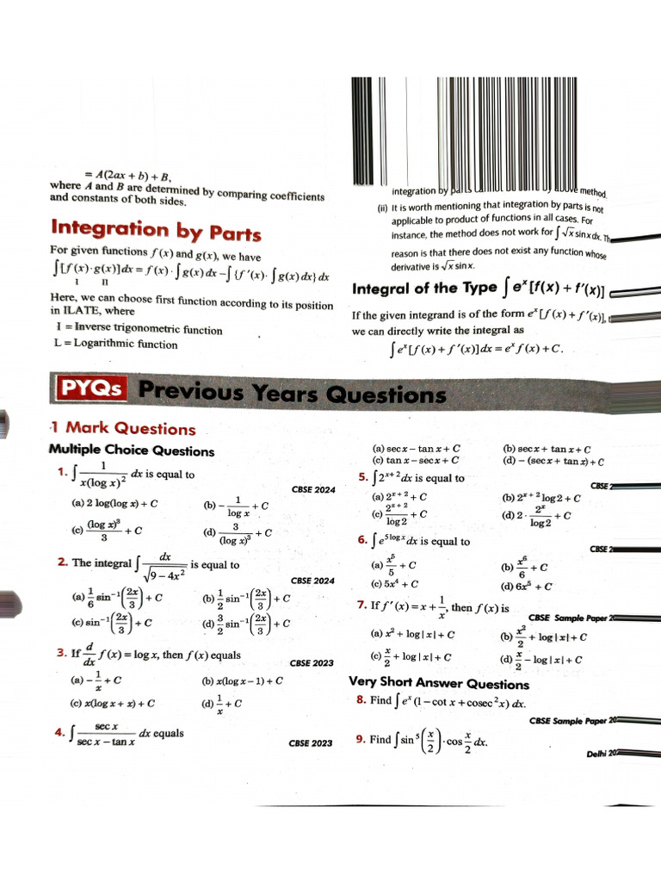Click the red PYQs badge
coord(89,388)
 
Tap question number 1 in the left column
coord(61,471)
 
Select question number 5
coord(362,478)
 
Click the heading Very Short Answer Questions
coord(438,684)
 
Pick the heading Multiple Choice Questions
coord(132,450)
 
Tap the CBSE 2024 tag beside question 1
coord(313,488)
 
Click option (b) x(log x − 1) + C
coord(243,680)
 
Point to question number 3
coord(61,653)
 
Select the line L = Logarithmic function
coord(115,344)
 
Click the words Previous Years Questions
coord(293,394)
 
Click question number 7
coord(362,606)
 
